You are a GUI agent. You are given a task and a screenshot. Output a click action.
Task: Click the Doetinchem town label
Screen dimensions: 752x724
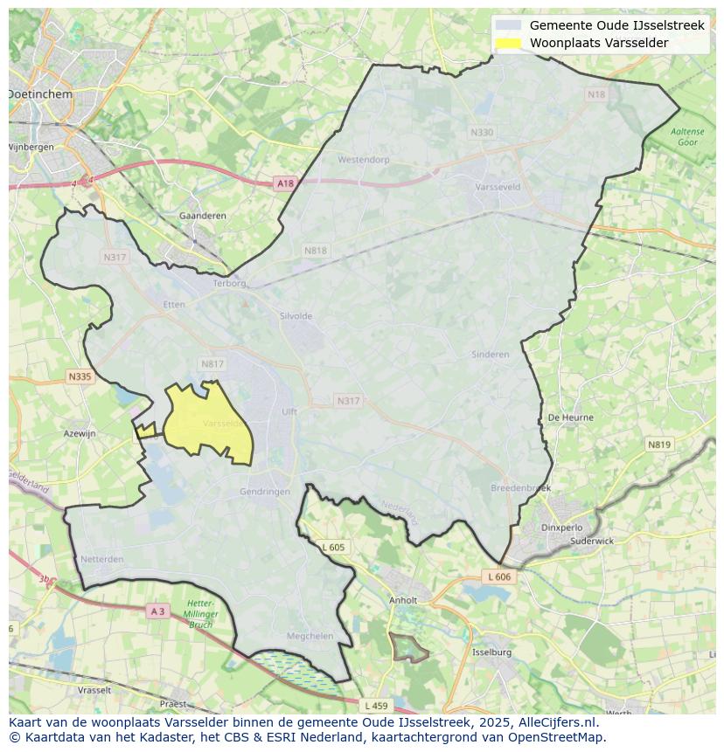pyautogui.click(x=41, y=93)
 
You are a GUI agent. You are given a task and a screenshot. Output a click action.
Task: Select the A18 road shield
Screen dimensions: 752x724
pyautogui.click(x=285, y=183)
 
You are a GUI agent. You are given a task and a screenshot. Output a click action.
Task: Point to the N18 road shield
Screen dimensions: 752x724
pyautogui.click(x=596, y=94)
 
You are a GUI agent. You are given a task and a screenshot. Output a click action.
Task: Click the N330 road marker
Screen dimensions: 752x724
pyautogui.click(x=482, y=133)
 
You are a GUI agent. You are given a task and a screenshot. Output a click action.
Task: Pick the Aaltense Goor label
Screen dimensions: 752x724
pyautogui.click(x=687, y=136)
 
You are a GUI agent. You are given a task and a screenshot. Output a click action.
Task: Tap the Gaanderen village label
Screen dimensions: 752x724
pyautogui.click(x=202, y=216)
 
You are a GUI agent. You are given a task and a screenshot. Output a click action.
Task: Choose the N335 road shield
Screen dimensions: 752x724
pyautogui.click(x=79, y=376)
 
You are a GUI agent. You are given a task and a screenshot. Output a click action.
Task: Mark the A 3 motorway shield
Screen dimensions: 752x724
pyautogui.click(x=157, y=611)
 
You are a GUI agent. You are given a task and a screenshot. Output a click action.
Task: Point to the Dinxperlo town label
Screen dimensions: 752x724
pyautogui.click(x=561, y=528)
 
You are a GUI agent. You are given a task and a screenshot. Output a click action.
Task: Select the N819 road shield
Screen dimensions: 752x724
pyautogui.click(x=659, y=445)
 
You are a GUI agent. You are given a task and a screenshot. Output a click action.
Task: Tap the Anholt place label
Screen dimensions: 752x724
pyautogui.click(x=403, y=601)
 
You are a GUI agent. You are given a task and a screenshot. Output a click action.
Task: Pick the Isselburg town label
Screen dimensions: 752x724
pyautogui.click(x=491, y=652)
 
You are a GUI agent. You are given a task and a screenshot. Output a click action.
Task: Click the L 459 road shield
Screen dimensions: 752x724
pyautogui.click(x=375, y=705)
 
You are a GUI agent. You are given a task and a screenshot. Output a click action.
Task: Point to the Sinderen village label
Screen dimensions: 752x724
pyautogui.click(x=490, y=355)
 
